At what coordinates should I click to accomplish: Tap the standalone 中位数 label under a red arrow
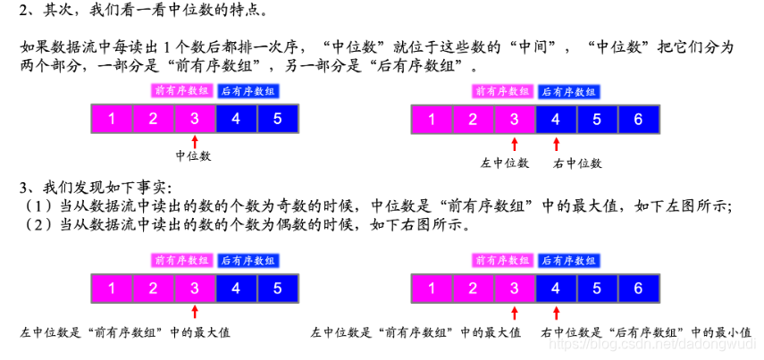coord(194,156)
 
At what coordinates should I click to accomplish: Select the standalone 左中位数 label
coord(506,163)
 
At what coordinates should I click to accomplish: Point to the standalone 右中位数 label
coord(577,163)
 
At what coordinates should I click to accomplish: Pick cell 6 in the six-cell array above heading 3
coord(637,119)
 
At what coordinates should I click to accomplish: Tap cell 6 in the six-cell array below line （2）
coord(637,289)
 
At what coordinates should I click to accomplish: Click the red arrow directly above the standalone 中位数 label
coord(194,141)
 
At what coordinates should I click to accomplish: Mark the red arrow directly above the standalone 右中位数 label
coord(555,144)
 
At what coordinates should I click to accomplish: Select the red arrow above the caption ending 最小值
coord(555,313)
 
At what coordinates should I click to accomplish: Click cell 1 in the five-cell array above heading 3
coord(111,119)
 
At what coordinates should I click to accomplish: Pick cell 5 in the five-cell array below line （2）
coord(277,289)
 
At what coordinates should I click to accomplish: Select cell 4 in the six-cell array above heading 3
coord(555,119)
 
